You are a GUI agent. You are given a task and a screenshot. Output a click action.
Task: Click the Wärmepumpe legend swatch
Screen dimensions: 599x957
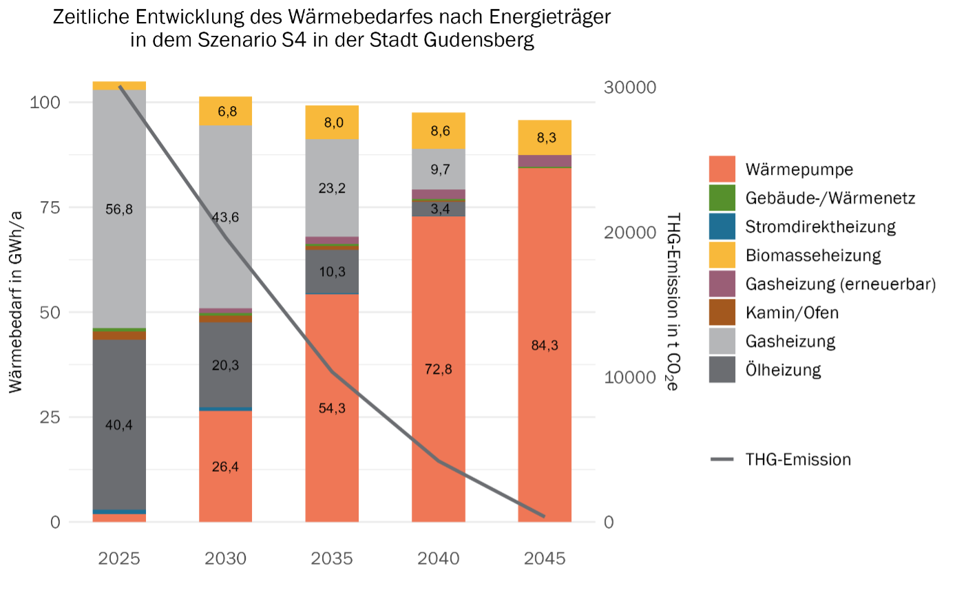click(722, 169)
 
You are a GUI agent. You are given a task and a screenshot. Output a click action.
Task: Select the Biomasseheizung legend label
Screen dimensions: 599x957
click(812, 255)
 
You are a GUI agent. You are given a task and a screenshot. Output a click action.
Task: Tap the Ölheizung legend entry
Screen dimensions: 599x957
click(783, 370)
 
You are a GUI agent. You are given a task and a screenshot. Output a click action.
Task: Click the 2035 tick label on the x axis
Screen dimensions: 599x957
click(332, 558)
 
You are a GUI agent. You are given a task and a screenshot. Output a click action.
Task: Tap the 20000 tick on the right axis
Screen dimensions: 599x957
click(630, 232)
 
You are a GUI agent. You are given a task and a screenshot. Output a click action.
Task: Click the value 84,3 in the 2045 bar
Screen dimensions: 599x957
click(545, 345)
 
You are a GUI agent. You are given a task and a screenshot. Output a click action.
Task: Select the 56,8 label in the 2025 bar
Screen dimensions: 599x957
click(119, 209)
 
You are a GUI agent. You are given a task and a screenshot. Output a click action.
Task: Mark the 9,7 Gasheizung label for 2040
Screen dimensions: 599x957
click(440, 169)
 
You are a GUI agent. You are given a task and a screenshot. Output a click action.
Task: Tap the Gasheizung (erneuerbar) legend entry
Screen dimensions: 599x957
click(840, 284)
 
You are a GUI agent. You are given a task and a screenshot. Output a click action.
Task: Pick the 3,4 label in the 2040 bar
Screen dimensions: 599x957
click(440, 209)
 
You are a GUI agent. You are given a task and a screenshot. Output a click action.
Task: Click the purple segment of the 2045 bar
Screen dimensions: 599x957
click(545, 160)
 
